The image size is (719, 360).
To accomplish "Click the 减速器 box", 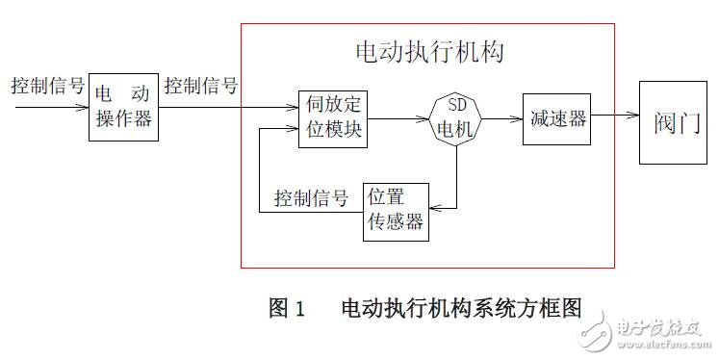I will [x=554, y=119].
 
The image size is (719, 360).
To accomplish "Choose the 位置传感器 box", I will [x=396, y=209].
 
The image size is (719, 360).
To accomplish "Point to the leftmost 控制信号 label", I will [x=44, y=85].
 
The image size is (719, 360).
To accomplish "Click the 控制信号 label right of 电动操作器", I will [x=201, y=85].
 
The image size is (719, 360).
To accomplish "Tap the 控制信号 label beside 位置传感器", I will [x=311, y=199].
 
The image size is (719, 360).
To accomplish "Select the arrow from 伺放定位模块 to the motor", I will [x=396, y=119].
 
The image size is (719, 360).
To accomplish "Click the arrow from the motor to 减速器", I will [x=501, y=119].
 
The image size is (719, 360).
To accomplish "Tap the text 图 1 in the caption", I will [x=287, y=309].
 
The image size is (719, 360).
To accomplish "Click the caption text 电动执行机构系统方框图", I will [x=462, y=309].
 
